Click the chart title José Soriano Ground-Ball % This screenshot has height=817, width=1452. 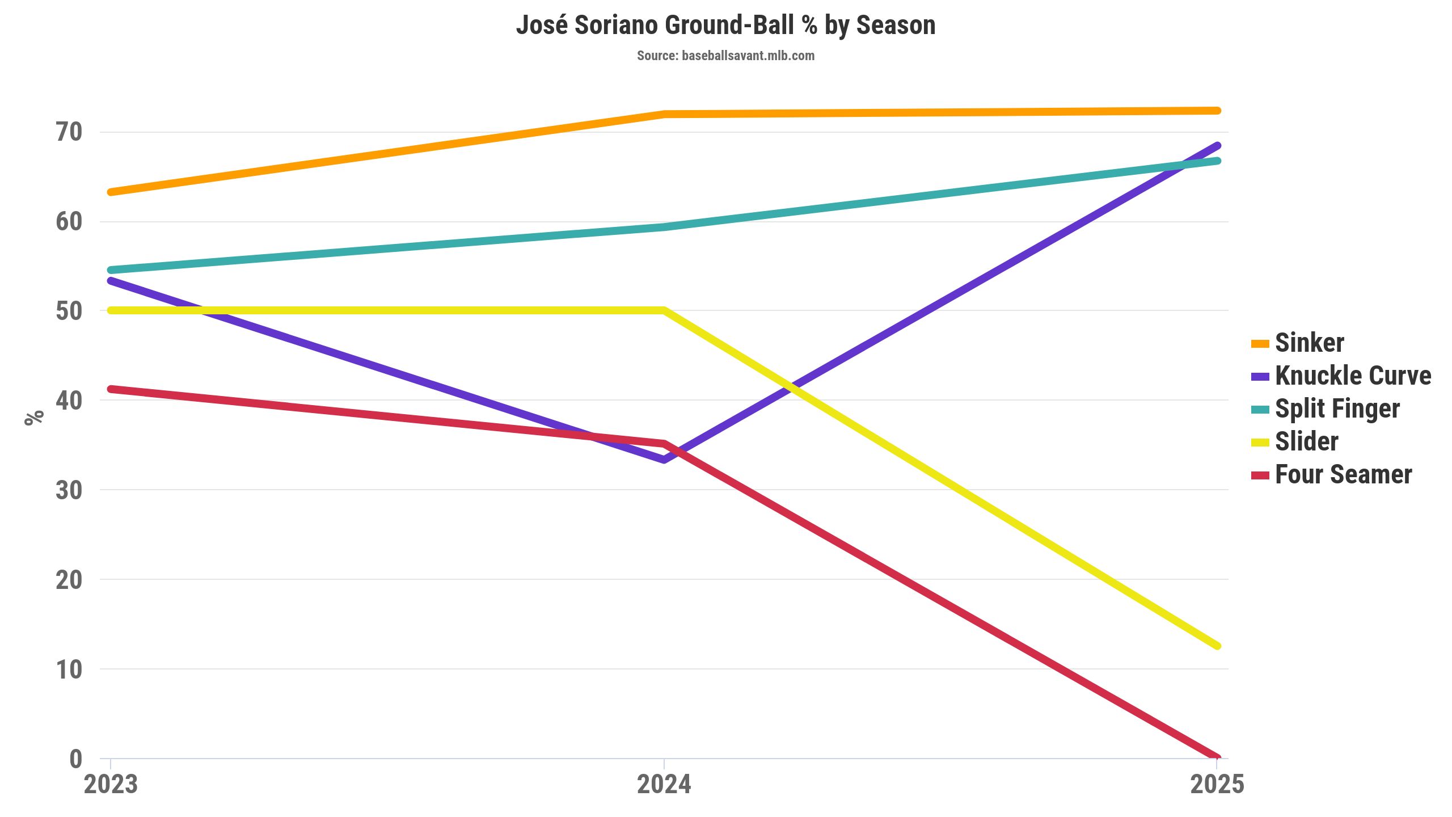click(x=725, y=26)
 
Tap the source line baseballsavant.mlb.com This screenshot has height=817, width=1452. click(x=725, y=56)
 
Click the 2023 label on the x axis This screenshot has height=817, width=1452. click(x=111, y=785)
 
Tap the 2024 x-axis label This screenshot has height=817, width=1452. click(x=664, y=785)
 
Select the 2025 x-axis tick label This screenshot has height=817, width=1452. click(x=1217, y=785)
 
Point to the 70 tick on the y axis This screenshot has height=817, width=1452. click(x=69, y=132)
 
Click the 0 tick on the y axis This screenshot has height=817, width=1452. click(x=75, y=759)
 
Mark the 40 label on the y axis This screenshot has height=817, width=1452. click(x=69, y=401)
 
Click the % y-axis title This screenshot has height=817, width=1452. click(x=34, y=417)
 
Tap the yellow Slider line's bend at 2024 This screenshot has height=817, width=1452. click(x=664, y=310)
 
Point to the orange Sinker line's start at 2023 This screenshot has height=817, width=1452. click(x=111, y=192)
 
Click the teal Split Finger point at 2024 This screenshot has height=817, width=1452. click(x=664, y=227)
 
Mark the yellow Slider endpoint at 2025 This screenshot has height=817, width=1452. click(x=1217, y=646)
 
